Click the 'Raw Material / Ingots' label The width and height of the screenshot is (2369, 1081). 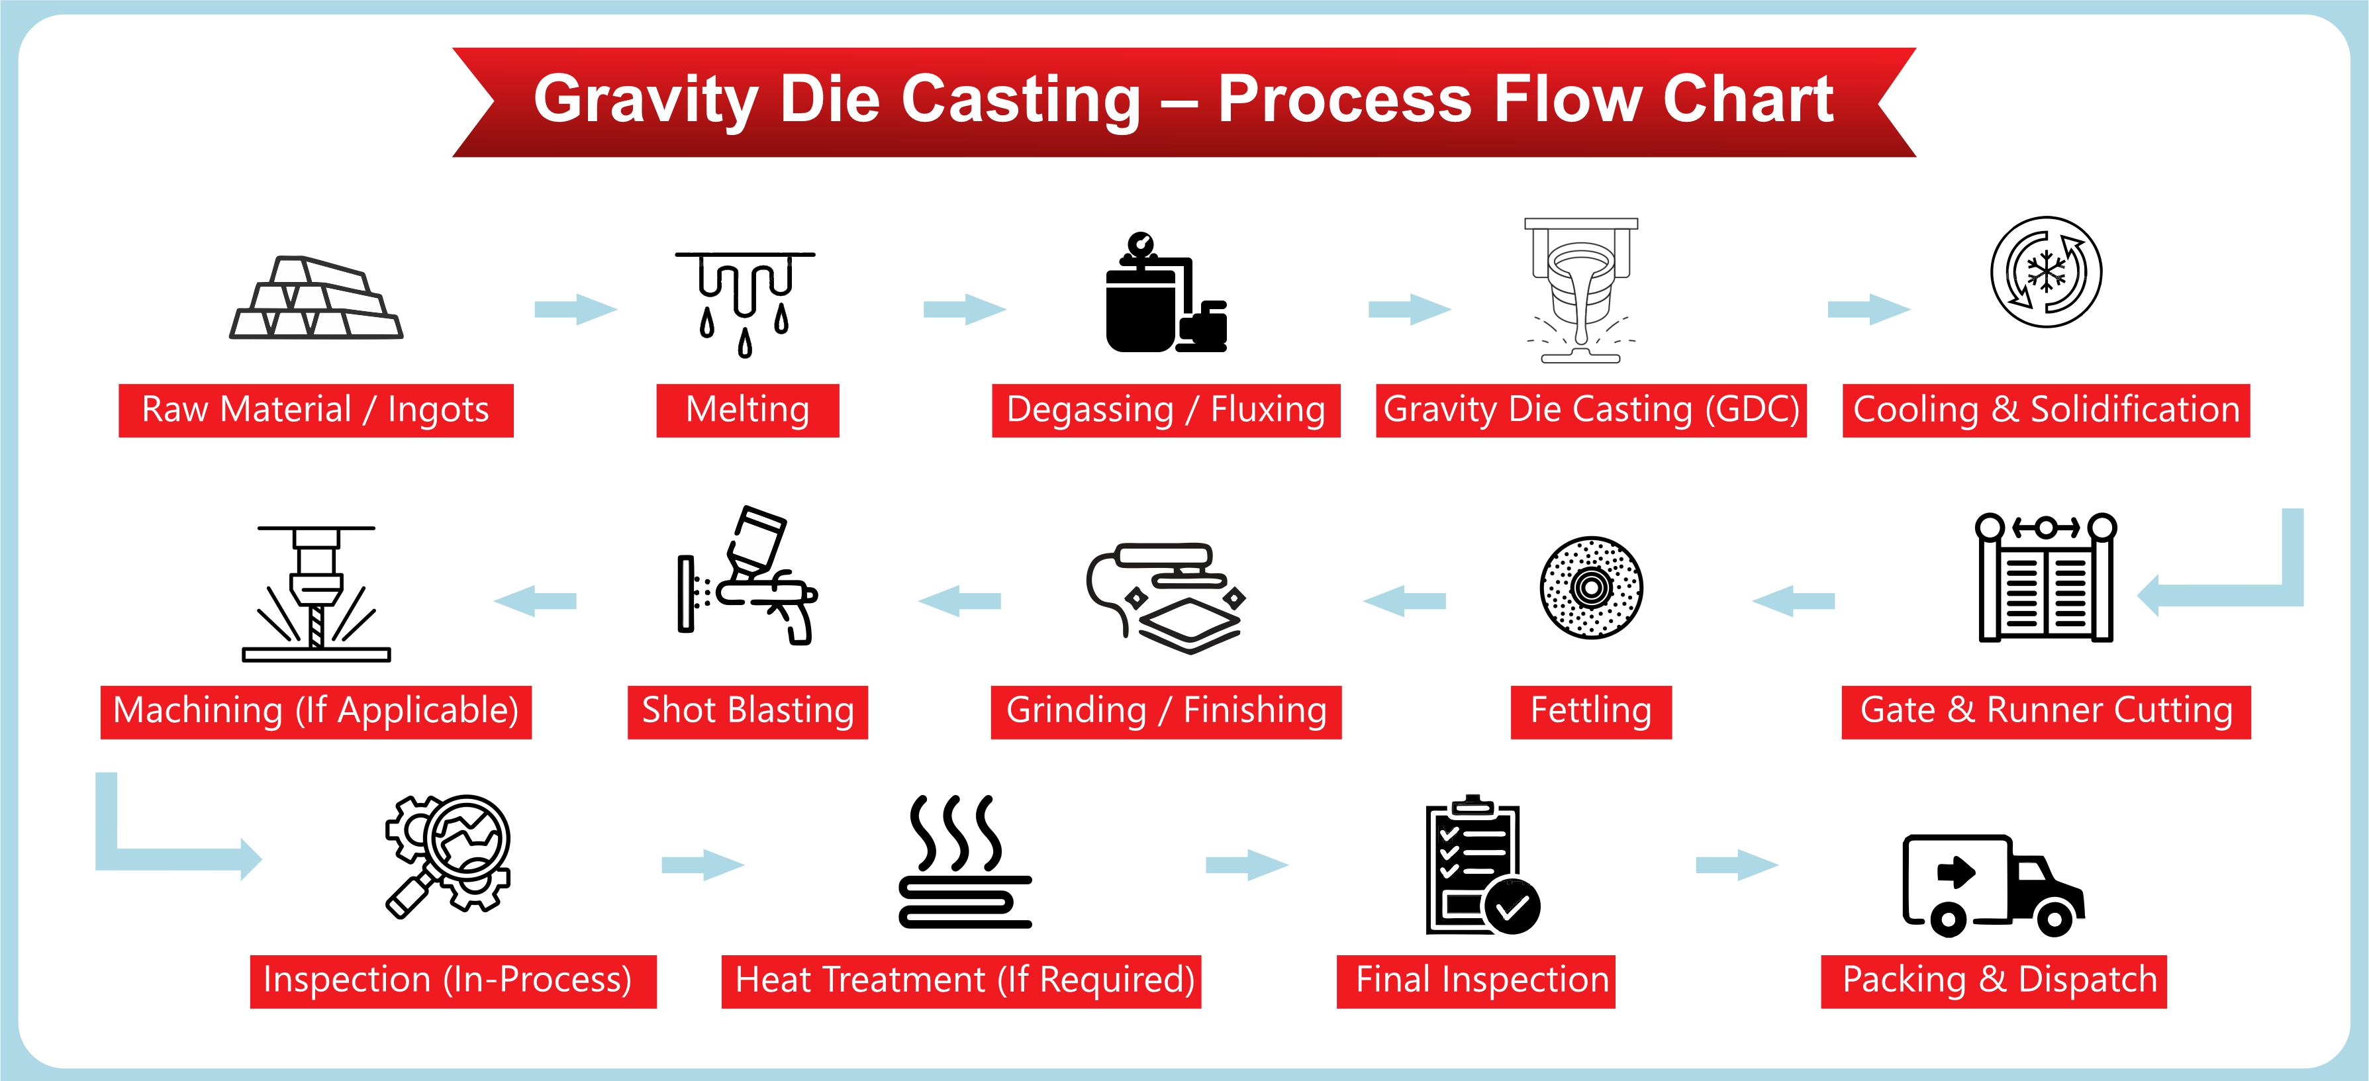(315, 410)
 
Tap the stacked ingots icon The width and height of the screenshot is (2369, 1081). (315, 298)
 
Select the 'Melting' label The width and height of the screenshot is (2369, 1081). (747, 410)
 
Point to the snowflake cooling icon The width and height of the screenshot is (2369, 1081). (2045, 272)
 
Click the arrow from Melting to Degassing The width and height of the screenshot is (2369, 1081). (964, 309)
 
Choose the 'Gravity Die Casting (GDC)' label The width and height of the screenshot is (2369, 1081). (1590, 410)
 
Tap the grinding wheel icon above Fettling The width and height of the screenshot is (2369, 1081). (1591, 587)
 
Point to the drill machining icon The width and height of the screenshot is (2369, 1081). (315, 594)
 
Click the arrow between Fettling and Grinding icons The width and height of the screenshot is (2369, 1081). (1404, 601)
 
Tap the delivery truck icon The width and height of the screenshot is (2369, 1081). (1993, 884)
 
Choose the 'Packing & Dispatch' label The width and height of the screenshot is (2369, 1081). (1993, 981)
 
